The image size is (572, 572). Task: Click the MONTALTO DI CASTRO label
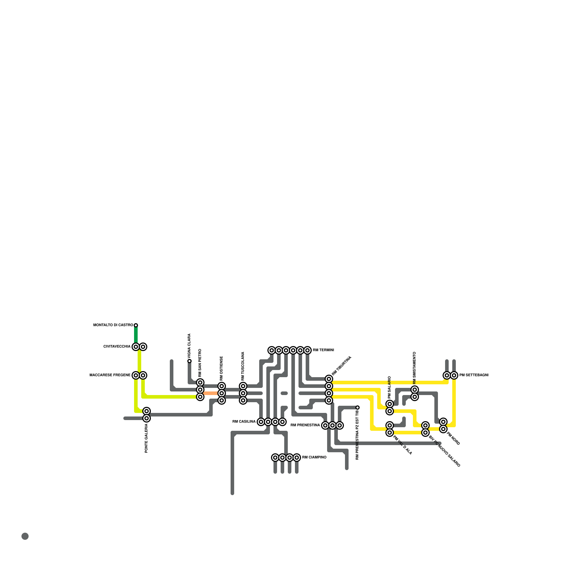pos(113,325)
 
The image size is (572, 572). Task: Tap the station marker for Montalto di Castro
pos(136,325)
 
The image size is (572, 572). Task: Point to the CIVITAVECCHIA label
pos(117,347)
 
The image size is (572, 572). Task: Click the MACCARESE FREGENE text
pos(110,375)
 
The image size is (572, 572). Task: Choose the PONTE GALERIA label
pos(147,439)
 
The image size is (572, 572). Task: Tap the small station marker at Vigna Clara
pos(189,361)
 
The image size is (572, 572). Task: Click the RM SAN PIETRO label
pos(200,363)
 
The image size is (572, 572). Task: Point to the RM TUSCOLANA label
pos(243,366)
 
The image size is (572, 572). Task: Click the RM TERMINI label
pos(323,350)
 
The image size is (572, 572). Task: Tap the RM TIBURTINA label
pos(342,366)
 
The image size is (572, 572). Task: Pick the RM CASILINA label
pos(244,422)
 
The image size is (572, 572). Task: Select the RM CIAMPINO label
pos(314,458)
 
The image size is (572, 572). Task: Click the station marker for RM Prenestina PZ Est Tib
pos(357,408)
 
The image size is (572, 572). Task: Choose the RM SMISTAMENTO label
pos(415,368)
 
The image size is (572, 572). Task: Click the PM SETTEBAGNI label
pos(474,375)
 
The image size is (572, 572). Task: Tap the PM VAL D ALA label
pos(403,445)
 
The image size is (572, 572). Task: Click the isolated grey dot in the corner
pos(25,536)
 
